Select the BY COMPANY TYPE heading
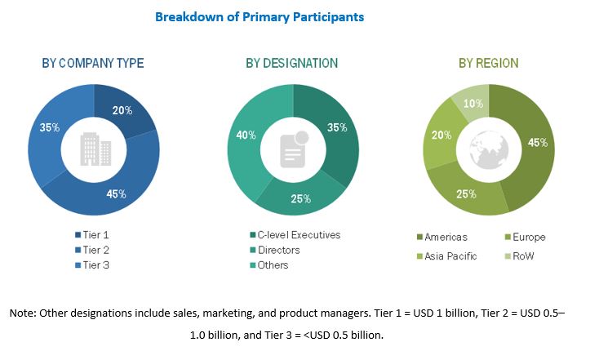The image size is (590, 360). pos(93,63)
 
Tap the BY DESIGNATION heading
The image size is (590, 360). pos(291,63)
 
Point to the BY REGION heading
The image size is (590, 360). pos(488,63)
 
